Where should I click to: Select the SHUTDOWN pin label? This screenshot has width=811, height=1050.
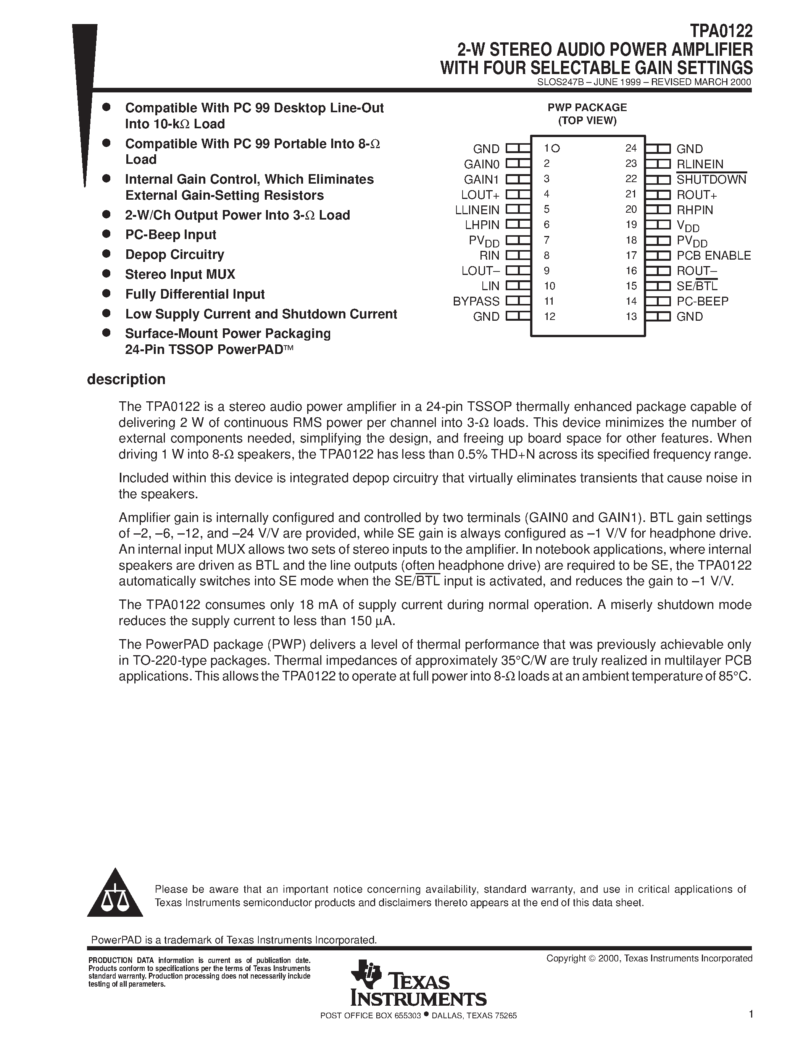pos(711,179)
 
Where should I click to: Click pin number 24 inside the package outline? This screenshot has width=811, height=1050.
pos(631,149)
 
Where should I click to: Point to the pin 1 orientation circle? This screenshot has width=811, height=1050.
pos(556,149)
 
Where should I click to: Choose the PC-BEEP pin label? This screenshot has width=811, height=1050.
pos(702,301)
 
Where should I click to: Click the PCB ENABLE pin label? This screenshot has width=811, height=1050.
pos(713,256)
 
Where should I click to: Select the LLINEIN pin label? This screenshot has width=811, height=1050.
pos(477,210)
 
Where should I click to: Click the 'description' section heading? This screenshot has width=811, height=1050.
pos(126,379)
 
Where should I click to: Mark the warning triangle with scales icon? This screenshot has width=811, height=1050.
pos(115,895)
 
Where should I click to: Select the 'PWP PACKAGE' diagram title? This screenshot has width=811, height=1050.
pos(587,108)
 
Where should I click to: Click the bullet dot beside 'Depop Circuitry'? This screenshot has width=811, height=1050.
pos(106,254)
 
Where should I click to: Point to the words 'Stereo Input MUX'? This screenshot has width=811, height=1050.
pos(180,275)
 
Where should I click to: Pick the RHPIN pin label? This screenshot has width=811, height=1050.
pos(695,210)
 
